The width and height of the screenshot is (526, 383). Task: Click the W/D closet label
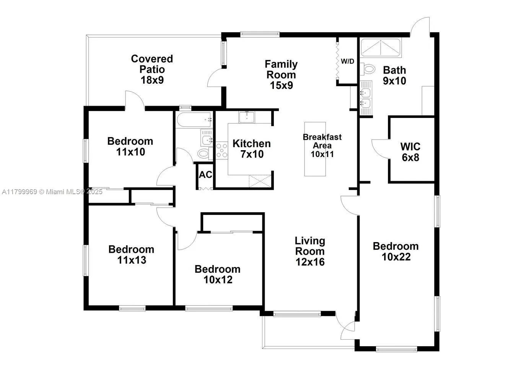click(x=347, y=61)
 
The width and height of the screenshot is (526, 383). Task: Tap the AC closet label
click(x=205, y=175)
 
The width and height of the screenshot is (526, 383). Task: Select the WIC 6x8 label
click(x=411, y=152)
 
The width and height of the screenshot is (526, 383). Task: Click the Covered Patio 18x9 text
click(x=152, y=69)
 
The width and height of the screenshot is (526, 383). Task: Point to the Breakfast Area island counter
click(x=315, y=149)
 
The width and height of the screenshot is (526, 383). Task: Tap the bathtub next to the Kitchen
click(x=194, y=120)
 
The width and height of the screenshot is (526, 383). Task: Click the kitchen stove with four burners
click(x=222, y=150)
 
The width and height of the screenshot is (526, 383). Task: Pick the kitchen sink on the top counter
click(x=247, y=117)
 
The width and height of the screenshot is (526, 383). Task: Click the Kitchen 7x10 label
click(x=251, y=149)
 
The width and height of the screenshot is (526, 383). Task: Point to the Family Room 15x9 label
click(x=281, y=75)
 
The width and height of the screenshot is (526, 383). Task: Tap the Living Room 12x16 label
click(x=310, y=251)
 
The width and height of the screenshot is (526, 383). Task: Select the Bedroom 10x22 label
click(x=396, y=252)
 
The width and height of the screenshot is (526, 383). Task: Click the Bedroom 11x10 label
click(x=130, y=146)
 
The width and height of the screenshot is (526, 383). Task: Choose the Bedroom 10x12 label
click(x=218, y=274)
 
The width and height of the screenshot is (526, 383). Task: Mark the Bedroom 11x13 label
click(x=131, y=255)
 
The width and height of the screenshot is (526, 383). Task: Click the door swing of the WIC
click(x=379, y=147)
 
